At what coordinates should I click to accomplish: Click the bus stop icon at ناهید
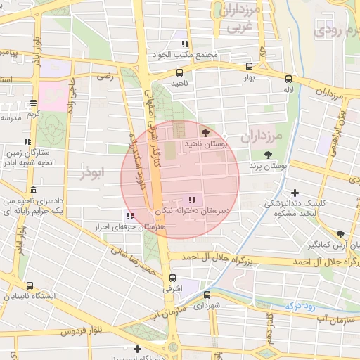click(x=180, y=72)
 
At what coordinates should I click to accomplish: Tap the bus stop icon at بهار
click(x=249, y=67)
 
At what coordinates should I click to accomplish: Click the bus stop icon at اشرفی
click(x=173, y=278)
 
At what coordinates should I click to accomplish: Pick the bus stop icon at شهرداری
click(x=207, y=295)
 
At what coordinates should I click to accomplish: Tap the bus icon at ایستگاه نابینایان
click(x=30, y=285)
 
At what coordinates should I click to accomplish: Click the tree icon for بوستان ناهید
click(x=205, y=132)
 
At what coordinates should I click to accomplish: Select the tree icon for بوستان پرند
click(x=267, y=155)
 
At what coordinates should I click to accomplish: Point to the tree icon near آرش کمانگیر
click(x=340, y=234)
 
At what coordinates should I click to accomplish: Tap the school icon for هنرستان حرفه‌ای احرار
click(x=130, y=216)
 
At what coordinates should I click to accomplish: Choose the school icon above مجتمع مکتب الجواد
click(x=185, y=44)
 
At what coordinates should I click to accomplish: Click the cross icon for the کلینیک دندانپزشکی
click(x=295, y=193)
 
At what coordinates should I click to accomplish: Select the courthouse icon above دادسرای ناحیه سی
click(x=33, y=191)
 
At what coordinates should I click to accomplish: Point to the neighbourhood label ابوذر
click(x=92, y=172)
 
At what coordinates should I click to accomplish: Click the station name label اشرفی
click(x=172, y=289)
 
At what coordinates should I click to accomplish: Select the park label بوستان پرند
click(x=269, y=166)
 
